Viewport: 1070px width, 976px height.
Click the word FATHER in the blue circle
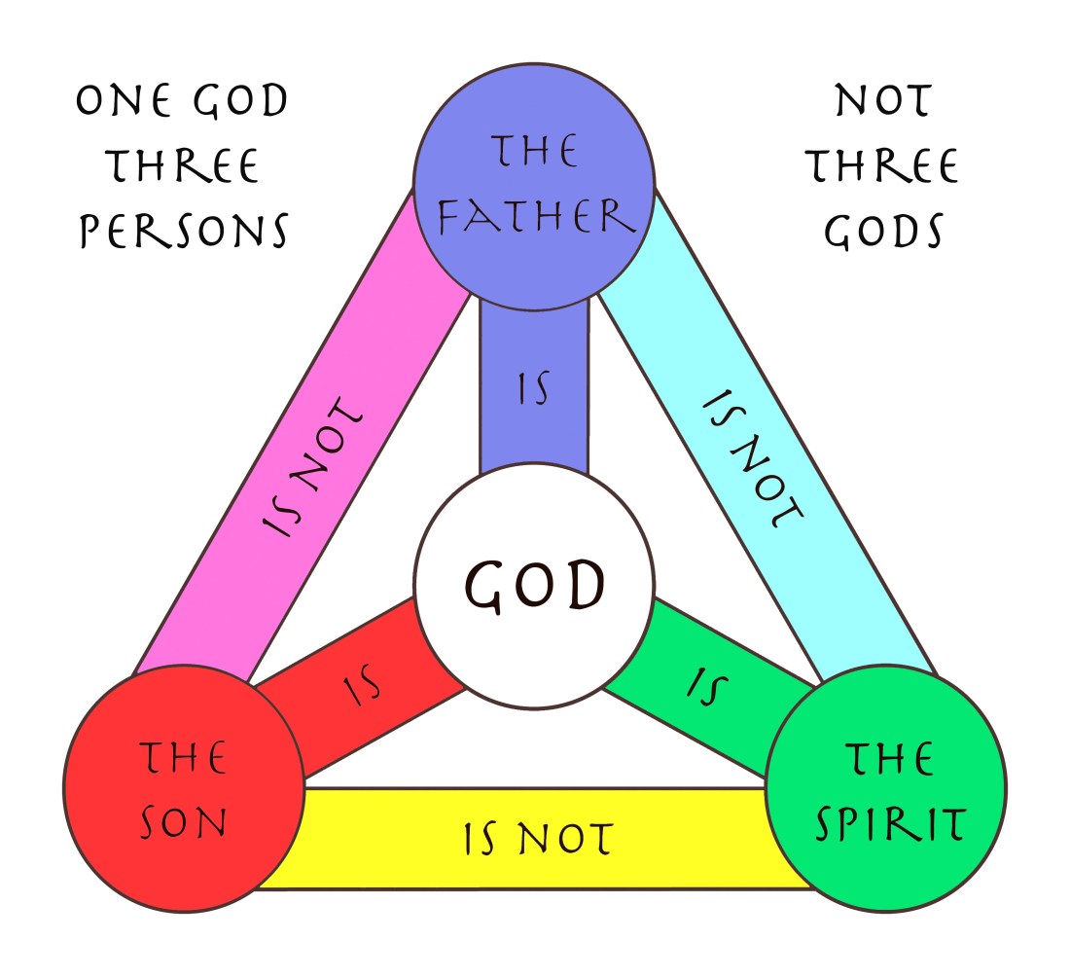(536, 215)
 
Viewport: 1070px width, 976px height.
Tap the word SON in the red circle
(184, 823)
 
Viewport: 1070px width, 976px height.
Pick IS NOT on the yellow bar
(536, 838)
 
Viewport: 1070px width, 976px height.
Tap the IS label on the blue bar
(533, 389)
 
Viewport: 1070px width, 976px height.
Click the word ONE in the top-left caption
(123, 101)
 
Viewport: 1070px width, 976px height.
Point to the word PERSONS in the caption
(184, 232)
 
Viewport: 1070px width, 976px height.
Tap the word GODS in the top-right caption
(883, 232)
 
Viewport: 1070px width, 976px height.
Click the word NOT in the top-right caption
(883, 101)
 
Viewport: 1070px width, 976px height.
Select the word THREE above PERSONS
(184, 166)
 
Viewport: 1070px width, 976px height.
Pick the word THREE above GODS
(883, 166)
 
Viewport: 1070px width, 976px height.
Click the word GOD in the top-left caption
(234, 101)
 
